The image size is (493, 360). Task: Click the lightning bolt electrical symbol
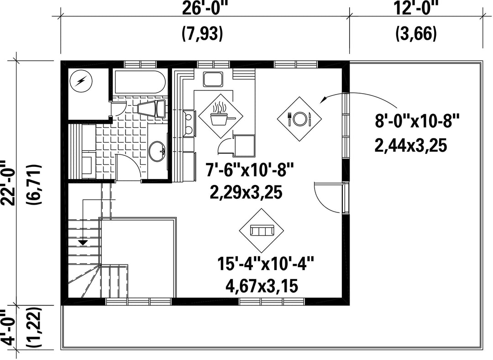81,81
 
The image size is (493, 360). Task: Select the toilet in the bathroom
152,109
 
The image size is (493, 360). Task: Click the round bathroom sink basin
157,151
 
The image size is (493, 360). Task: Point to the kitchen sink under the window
213,79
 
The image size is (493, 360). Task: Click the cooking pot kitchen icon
220,116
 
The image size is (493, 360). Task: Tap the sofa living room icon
262,231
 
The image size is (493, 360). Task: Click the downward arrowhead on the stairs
83,243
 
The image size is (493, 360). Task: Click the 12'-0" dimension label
416,8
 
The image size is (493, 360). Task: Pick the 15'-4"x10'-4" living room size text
266,264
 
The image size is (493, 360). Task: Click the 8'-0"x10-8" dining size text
417,121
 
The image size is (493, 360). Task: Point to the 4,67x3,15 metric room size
262,286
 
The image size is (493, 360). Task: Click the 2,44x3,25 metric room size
411,146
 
